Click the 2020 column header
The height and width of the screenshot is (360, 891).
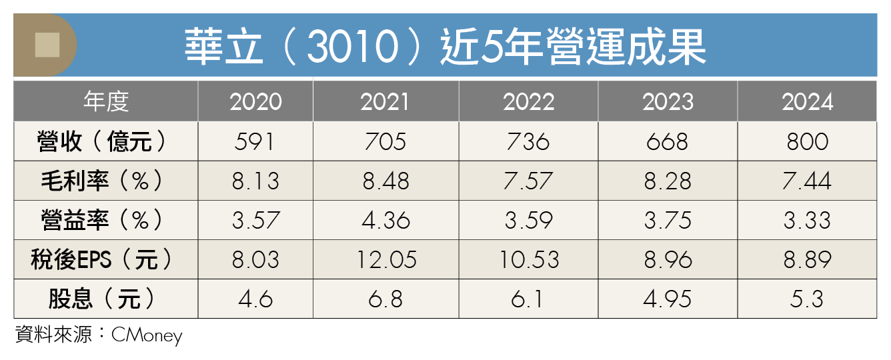click(x=255, y=102)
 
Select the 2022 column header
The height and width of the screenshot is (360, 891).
click(x=528, y=102)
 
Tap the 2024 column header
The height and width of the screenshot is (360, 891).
click(x=807, y=102)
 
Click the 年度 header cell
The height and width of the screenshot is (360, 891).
click(x=106, y=102)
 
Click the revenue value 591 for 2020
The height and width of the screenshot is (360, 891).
click(x=255, y=141)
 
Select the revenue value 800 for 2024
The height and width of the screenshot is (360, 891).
click(x=807, y=141)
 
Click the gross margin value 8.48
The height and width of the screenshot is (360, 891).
click(x=385, y=181)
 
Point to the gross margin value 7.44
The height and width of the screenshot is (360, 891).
click(x=807, y=181)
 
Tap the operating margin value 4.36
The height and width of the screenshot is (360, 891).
click(x=385, y=220)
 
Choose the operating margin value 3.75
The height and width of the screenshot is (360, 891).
click(x=668, y=220)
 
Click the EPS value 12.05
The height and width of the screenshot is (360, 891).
click(x=385, y=259)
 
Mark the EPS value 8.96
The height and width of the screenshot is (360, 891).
click(x=668, y=259)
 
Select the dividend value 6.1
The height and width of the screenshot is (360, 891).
click(x=528, y=299)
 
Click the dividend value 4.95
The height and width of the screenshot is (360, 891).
click(x=668, y=299)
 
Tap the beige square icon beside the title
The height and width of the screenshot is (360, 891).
click(x=47, y=45)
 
